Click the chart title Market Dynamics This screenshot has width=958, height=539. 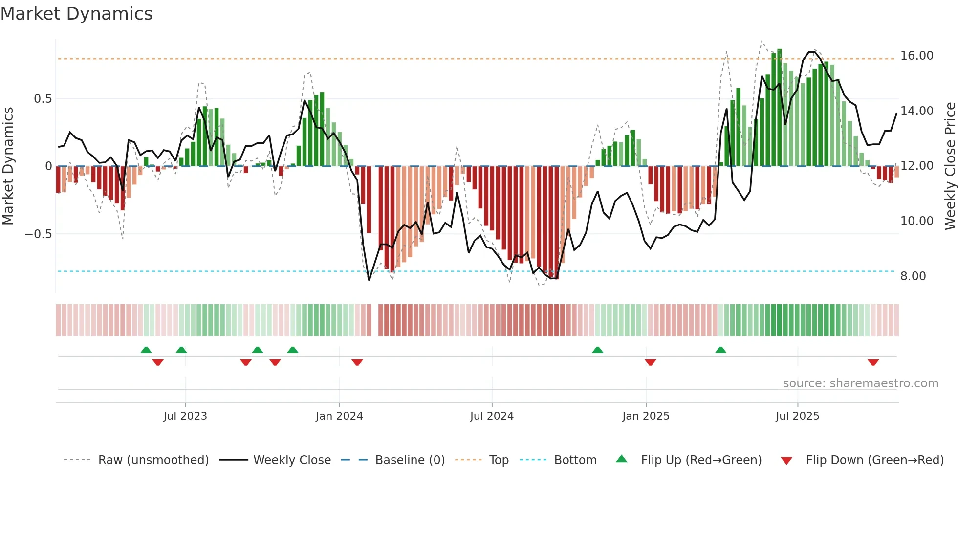(77, 14)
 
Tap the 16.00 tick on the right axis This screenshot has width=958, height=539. (916, 56)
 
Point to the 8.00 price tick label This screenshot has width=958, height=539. (913, 276)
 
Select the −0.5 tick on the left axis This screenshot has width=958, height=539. (38, 234)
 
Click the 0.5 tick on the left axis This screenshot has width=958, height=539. (43, 99)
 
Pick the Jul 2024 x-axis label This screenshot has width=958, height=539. (492, 416)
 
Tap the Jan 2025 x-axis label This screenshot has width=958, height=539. (646, 416)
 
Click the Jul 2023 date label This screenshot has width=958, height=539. (185, 416)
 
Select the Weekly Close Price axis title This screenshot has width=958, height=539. (950, 166)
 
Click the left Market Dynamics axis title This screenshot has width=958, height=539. (8, 166)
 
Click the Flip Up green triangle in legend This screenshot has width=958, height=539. (621, 459)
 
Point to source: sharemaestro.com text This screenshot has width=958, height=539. (860, 383)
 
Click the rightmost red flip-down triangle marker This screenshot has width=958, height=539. (873, 362)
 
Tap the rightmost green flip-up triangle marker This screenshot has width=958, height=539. (720, 350)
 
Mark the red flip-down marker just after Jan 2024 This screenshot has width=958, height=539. (357, 362)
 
